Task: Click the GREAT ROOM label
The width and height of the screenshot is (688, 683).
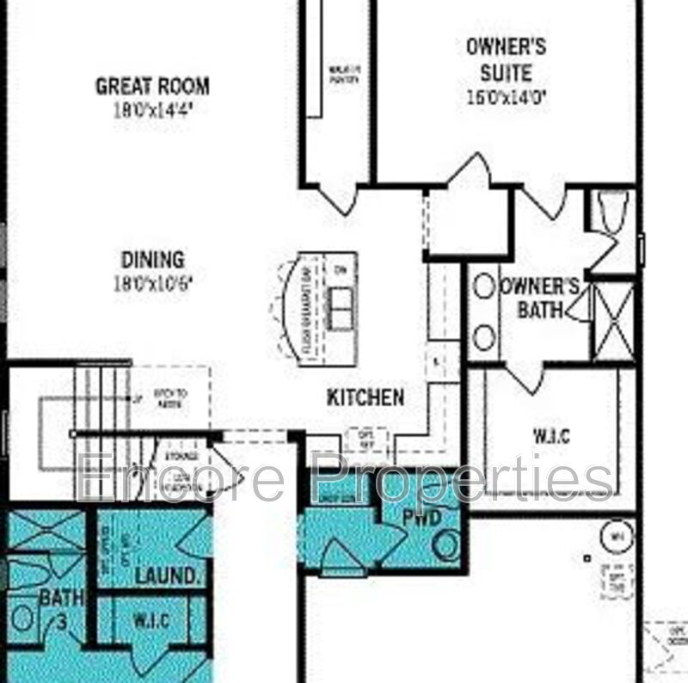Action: point(152,86)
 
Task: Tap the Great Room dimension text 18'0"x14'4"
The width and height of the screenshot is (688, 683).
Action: point(152,109)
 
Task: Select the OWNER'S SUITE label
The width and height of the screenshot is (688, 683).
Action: point(506,59)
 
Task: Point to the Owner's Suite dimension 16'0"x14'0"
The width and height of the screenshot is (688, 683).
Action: point(506,97)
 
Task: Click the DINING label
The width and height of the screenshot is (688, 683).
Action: point(152,259)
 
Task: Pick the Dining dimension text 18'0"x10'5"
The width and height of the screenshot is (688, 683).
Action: point(152,282)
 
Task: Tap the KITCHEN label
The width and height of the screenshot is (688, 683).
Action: point(365,397)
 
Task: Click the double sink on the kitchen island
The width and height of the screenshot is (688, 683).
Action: point(341,303)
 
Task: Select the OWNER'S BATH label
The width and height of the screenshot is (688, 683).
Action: point(540,298)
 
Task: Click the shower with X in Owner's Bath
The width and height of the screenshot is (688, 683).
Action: point(614,321)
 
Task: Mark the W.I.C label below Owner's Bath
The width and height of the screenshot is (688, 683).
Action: point(551,436)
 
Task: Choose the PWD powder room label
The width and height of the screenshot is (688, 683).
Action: point(422,517)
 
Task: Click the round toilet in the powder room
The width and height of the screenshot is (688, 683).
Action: point(445,545)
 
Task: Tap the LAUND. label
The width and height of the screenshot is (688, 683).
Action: point(163,574)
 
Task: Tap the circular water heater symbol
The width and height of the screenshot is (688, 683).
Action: point(616,538)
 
